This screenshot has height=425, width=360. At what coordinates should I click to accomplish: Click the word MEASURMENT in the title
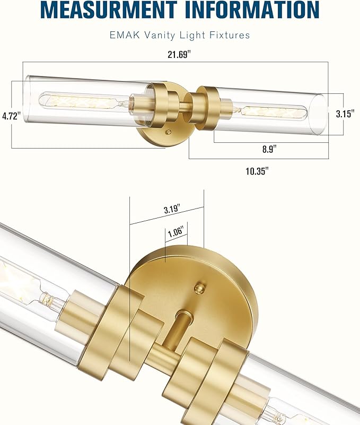pos(108,10)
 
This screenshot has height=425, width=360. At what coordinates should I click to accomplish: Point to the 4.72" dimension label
pos(11,116)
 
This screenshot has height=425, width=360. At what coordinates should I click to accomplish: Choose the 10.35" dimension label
pos(257,171)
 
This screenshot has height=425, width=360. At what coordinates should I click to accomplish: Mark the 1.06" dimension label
pos(175,232)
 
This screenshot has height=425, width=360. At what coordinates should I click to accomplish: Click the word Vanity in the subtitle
pos(155,36)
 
